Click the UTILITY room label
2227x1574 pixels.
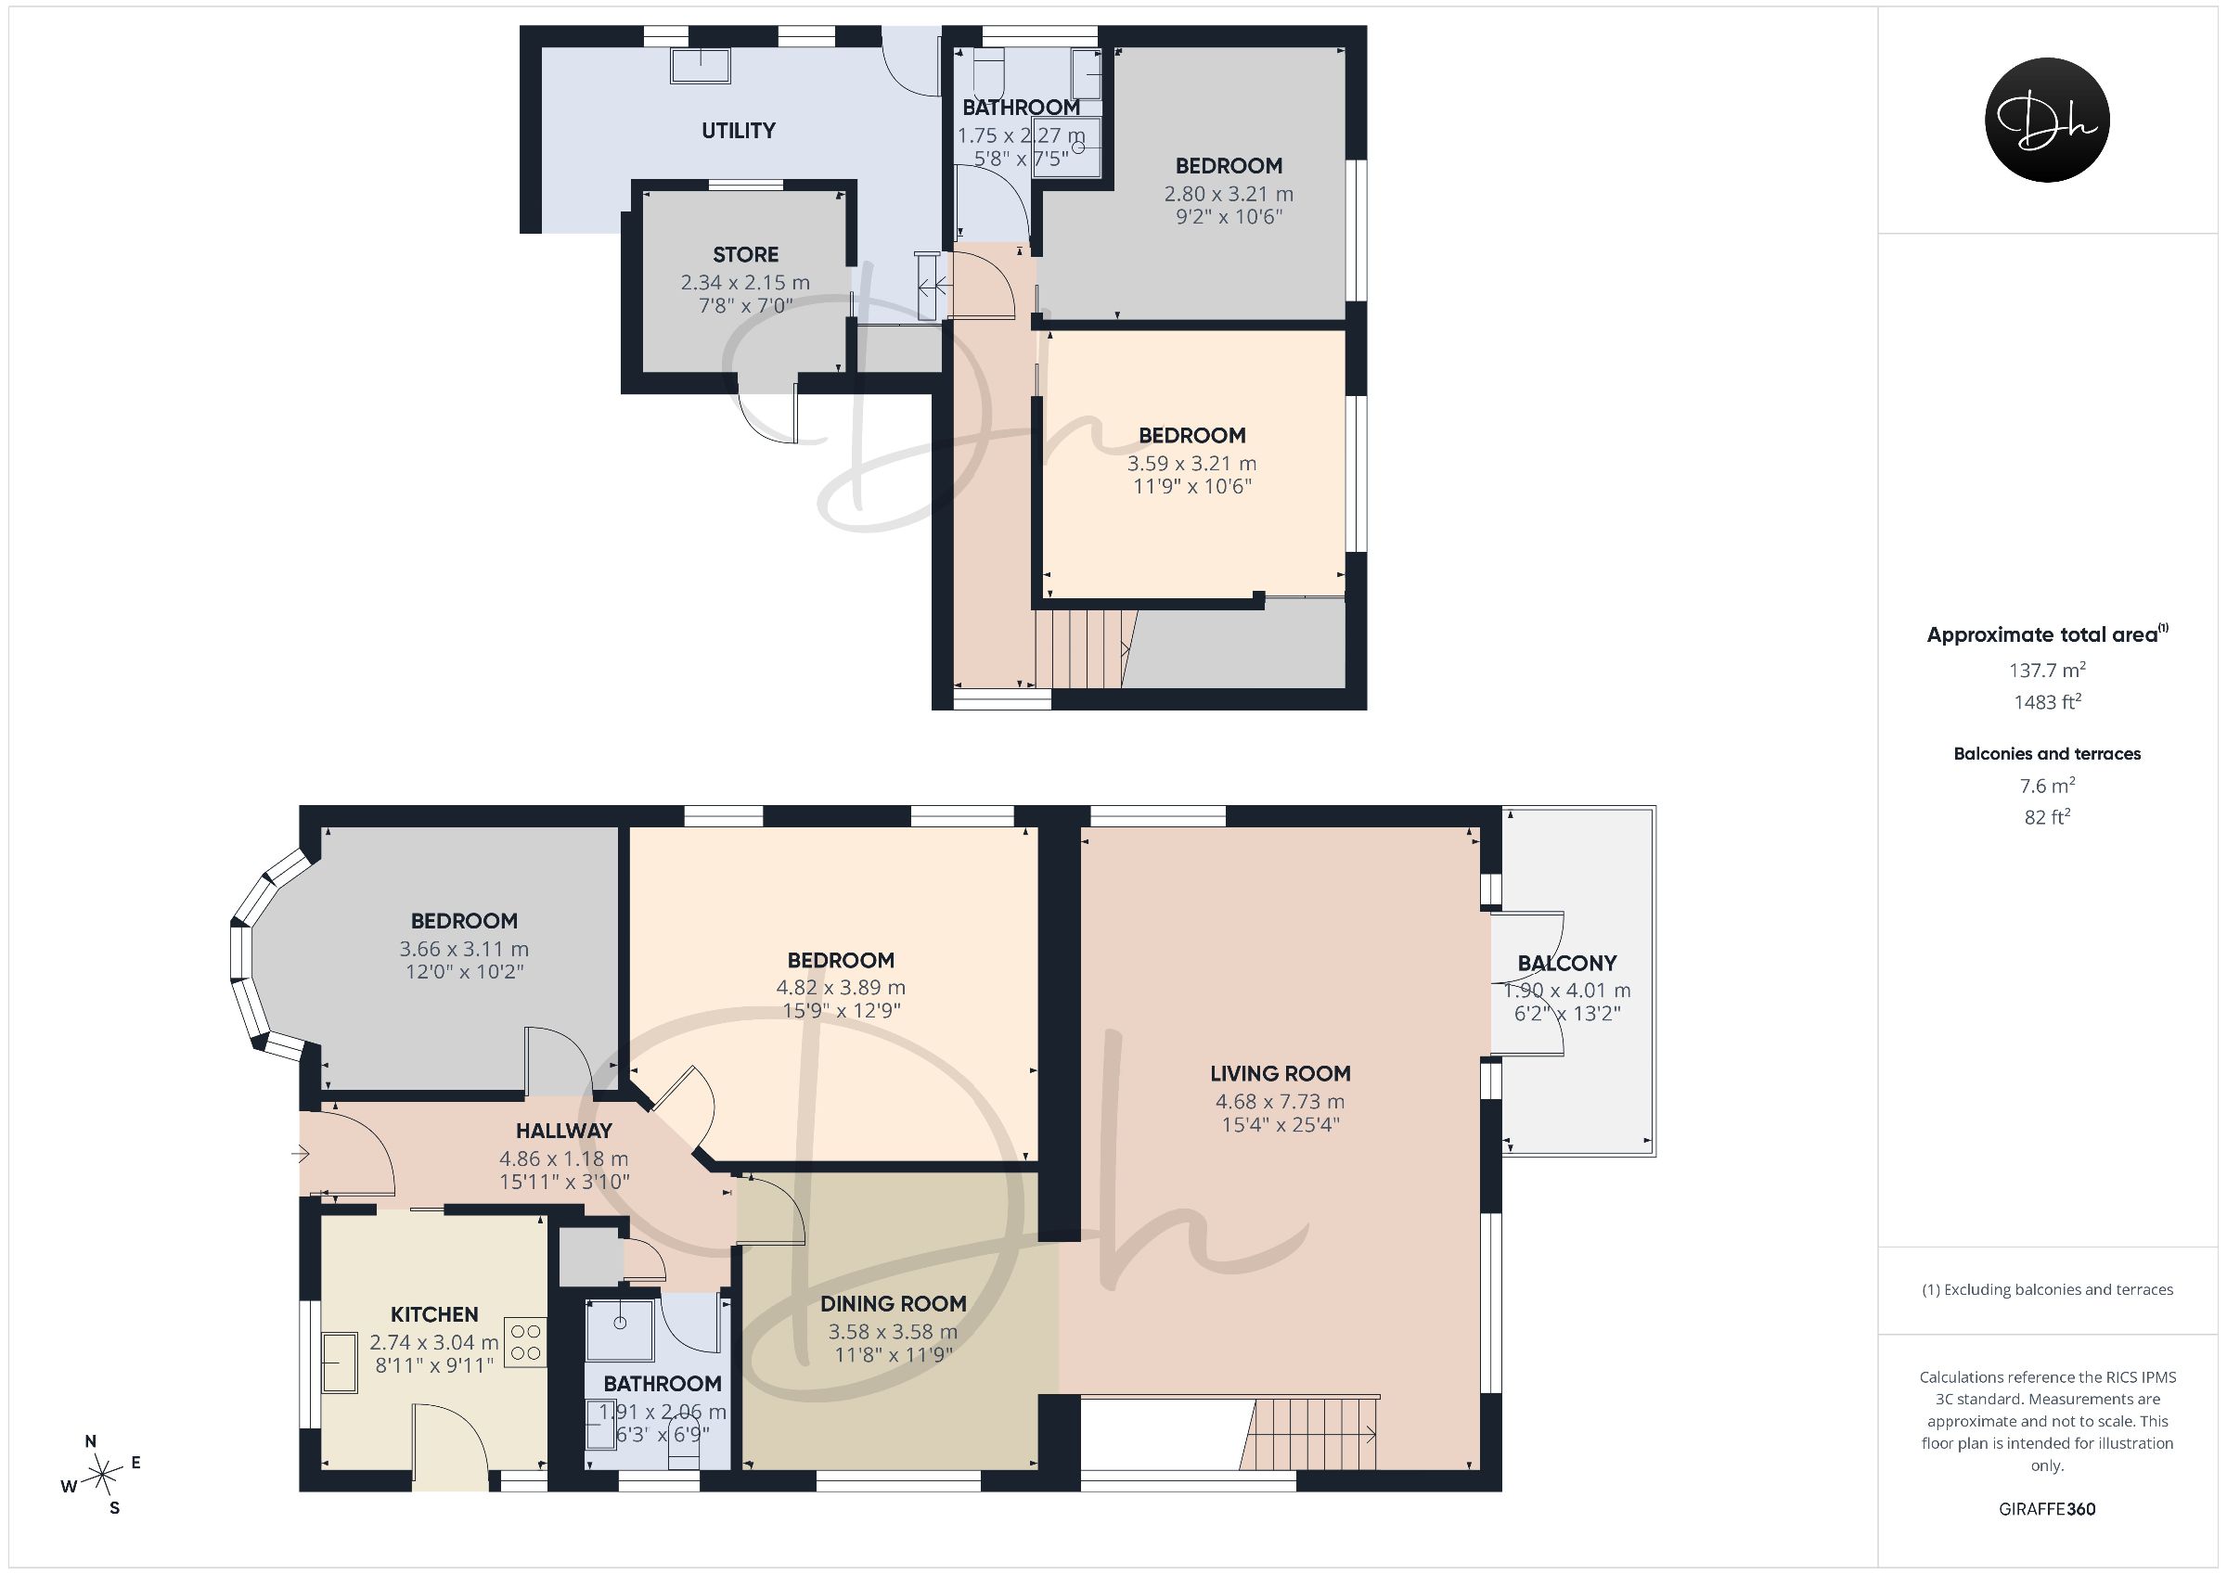(738, 130)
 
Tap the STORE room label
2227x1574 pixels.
(745, 254)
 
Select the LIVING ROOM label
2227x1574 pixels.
(1280, 1073)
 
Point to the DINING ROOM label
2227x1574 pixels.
(893, 1303)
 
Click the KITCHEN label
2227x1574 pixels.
(433, 1314)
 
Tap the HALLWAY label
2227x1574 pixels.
(563, 1130)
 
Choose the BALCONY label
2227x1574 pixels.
(1566, 963)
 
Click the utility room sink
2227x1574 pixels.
(701, 65)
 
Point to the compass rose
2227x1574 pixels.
(101, 1477)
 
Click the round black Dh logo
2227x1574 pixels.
(2047, 120)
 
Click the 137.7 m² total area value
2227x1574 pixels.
(2047, 669)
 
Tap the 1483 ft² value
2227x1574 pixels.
(2047, 701)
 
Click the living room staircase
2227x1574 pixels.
(1311, 1434)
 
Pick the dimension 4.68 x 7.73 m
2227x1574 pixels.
(1280, 1102)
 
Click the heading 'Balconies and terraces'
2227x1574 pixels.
(2047, 753)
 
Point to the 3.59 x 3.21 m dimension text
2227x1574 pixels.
(1191, 464)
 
